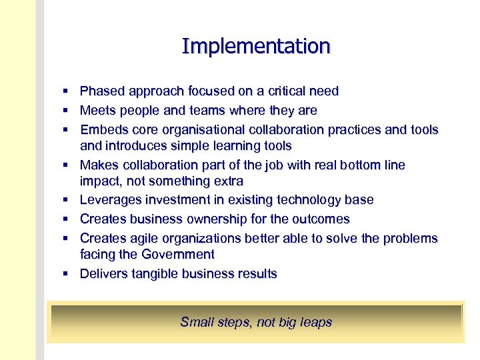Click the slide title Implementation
(256, 46)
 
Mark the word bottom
(347, 165)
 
